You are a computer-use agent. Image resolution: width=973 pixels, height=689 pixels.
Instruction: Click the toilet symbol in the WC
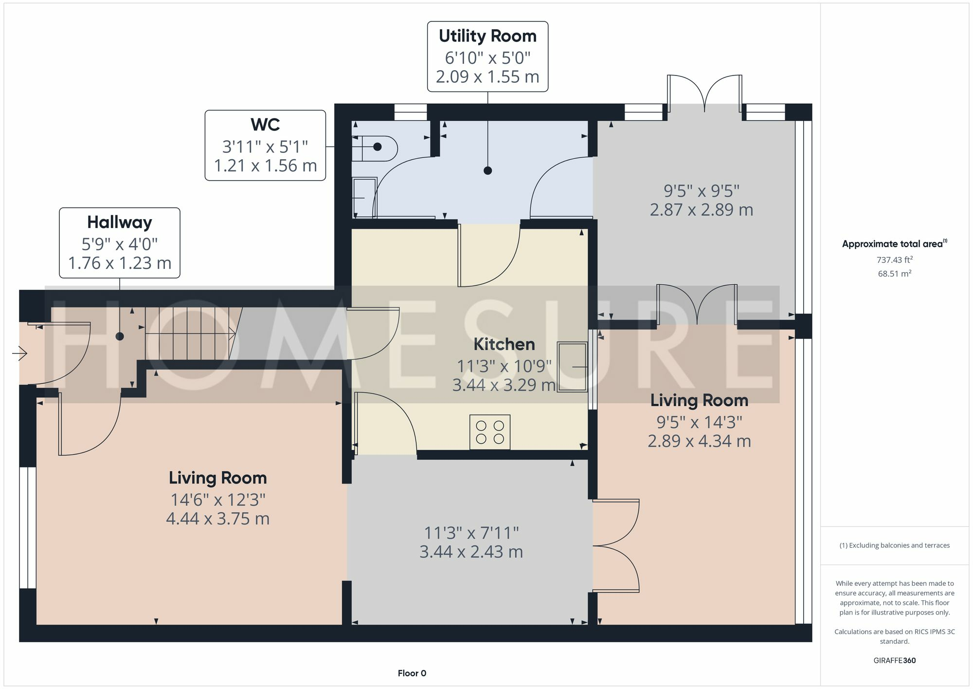[x=377, y=147]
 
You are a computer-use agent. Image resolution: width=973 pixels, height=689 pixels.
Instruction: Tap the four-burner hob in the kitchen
[x=490, y=432]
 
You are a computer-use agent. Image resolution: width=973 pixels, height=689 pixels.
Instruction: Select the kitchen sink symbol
[x=572, y=367]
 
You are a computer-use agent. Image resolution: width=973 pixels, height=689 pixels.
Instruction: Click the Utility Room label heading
[x=487, y=36]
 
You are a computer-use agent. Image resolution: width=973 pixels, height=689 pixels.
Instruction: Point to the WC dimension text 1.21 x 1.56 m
[x=265, y=166]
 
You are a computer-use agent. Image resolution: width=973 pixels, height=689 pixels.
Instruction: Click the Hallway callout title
[x=120, y=223]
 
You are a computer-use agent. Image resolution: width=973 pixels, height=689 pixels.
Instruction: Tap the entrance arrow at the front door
[x=20, y=353]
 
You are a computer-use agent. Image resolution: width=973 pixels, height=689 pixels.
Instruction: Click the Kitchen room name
[x=504, y=344]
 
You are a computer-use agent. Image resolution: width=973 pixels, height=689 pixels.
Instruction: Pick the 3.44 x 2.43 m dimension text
[x=471, y=552]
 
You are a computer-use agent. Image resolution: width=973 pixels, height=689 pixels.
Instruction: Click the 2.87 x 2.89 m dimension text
[x=701, y=210]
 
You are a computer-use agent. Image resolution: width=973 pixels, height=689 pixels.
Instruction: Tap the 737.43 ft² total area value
[x=894, y=260]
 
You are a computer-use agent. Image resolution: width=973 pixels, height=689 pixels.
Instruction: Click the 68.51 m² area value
[x=894, y=274]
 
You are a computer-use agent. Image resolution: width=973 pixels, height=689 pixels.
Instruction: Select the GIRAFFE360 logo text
[x=894, y=661]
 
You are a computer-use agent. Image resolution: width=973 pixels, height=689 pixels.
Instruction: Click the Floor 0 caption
[x=412, y=673]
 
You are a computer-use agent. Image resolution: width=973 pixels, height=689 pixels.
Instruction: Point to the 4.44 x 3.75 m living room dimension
[x=217, y=519]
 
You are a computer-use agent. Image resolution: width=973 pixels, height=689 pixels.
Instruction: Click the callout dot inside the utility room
[x=487, y=170]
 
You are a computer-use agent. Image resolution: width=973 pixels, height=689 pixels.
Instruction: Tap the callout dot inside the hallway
[x=120, y=336]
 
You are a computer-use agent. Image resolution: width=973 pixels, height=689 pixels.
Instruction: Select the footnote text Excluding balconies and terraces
[x=894, y=545]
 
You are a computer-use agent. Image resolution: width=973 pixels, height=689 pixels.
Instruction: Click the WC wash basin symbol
[x=364, y=197]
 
